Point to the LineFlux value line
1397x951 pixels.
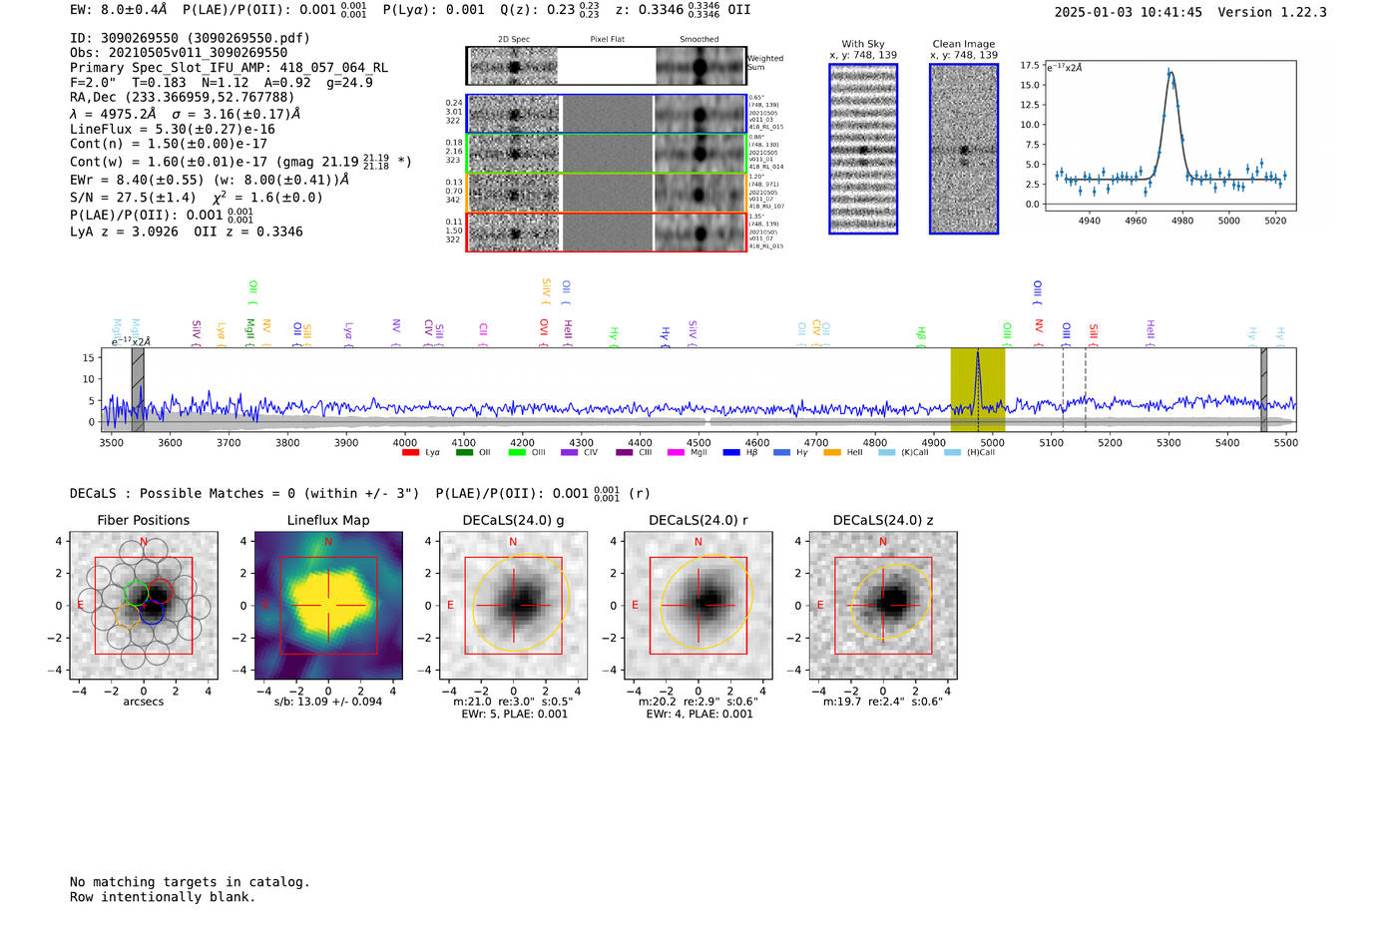172,129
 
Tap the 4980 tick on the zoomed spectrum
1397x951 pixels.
1182,221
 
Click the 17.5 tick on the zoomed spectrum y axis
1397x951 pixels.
1029,66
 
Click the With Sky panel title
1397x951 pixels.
863,44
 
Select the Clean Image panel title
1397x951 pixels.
963,44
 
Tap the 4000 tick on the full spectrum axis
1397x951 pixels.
405,442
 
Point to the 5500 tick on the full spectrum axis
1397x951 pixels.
1285,442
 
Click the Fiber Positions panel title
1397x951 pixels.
143,520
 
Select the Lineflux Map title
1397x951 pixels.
328,520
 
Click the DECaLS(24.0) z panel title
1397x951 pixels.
883,520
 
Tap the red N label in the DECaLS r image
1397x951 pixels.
698,542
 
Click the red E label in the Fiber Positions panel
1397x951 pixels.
80,605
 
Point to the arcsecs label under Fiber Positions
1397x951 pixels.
143,702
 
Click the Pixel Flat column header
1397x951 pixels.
607,40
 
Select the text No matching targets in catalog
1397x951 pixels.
190,882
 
